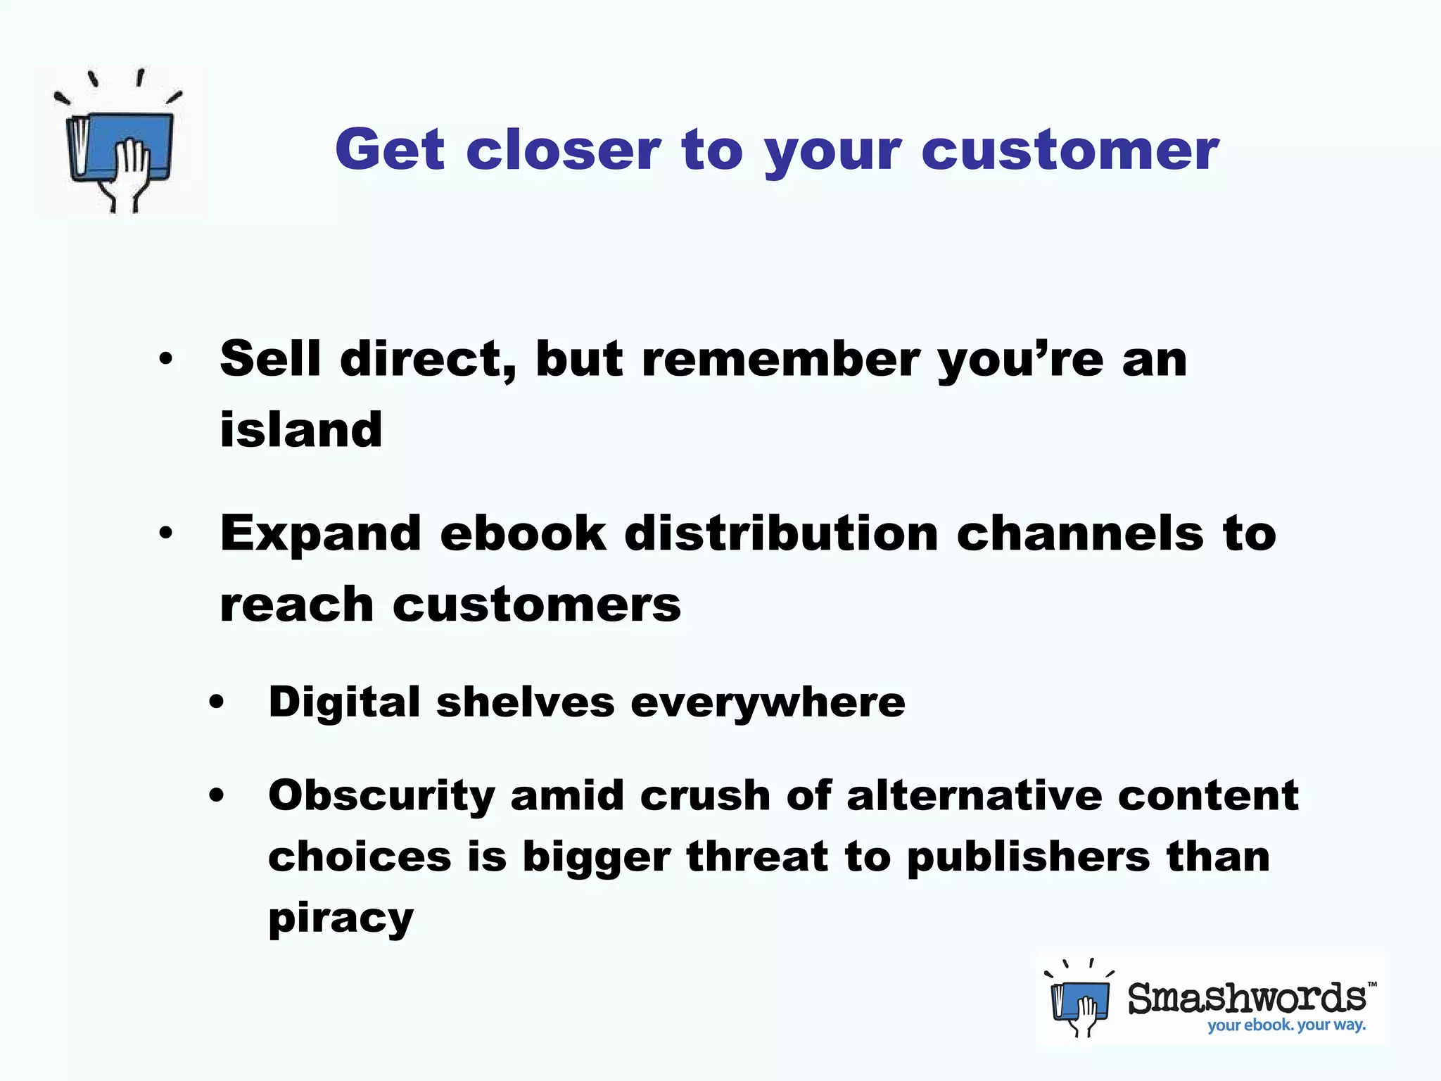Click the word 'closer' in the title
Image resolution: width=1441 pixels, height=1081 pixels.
(563, 150)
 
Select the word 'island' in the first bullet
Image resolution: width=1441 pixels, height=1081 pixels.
(301, 429)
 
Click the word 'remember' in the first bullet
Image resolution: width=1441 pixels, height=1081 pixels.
(780, 359)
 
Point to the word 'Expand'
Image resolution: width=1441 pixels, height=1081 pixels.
(321, 535)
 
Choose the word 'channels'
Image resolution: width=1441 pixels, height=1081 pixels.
(1080, 533)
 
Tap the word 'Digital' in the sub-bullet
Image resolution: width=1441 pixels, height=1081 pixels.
(344, 703)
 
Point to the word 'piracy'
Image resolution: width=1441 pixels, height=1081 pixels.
(341, 918)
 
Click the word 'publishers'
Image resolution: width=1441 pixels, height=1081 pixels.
(1028, 858)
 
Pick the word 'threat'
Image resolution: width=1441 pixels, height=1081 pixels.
(757, 856)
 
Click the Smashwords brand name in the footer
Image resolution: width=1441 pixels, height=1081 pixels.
(1247, 998)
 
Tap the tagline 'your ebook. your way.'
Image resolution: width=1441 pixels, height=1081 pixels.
(1286, 1025)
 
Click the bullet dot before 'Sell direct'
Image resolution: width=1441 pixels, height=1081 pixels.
(165, 360)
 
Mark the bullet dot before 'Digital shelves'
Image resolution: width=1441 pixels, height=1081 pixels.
(217, 702)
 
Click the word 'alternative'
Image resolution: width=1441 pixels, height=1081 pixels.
(974, 796)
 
